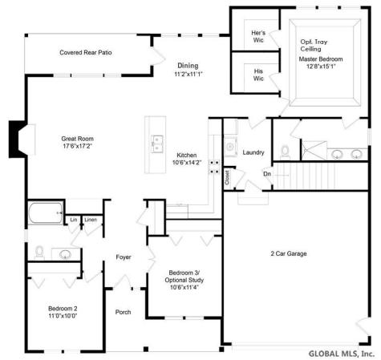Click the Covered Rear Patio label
[86, 53]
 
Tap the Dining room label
[188, 70]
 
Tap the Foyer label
[123, 257]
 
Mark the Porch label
[123, 312]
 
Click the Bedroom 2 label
[62, 312]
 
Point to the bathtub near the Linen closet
[45, 213]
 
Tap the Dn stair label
[267, 174]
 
